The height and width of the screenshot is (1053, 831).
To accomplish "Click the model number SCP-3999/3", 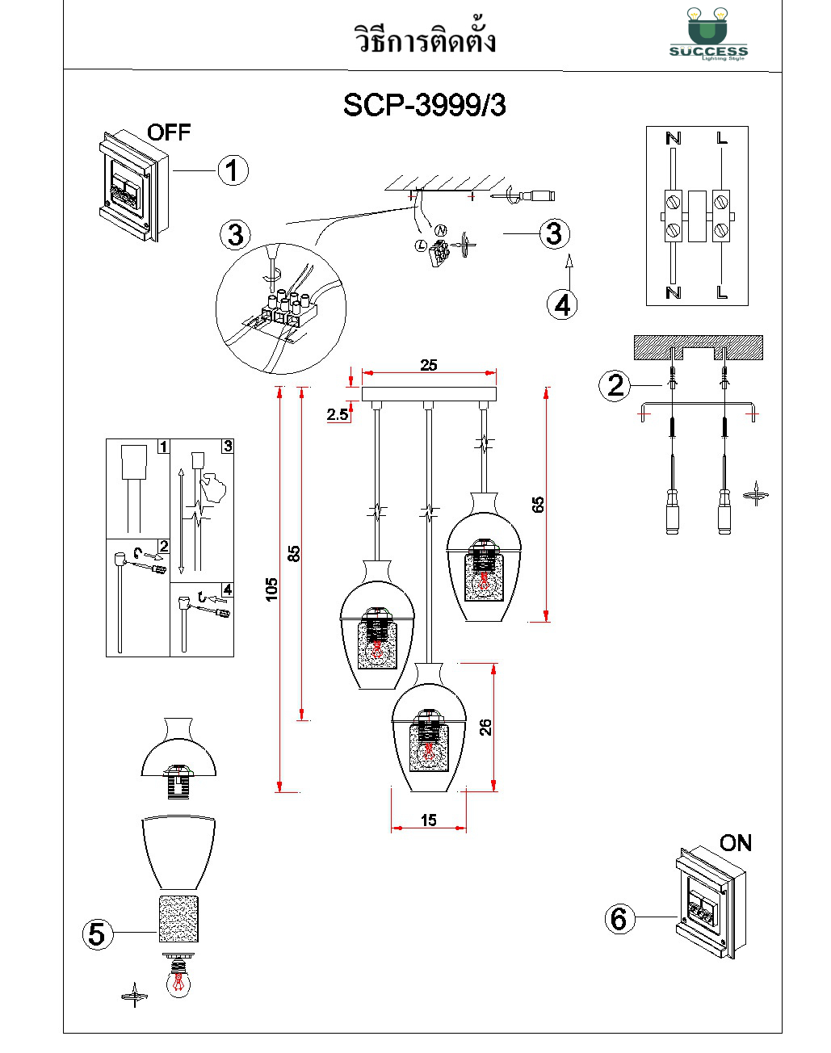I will click(424, 105).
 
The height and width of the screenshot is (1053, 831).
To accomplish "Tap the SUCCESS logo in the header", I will click(708, 36).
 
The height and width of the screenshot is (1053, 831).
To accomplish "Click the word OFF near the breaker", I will click(169, 132).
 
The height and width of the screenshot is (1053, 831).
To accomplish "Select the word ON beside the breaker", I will click(735, 843).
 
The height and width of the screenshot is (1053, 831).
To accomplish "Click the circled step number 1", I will click(233, 170).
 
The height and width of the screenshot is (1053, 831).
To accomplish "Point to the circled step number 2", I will click(615, 385).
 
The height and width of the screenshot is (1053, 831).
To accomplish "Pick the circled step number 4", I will click(562, 304).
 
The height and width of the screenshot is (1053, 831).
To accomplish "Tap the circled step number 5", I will click(97, 934).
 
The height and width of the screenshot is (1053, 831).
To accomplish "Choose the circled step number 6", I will click(619, 918).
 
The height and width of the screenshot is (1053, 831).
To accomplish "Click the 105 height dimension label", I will click(272, 588).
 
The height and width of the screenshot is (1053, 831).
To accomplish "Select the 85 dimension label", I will click(294, 554).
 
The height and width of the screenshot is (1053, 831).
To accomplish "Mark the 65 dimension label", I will click(538, 505).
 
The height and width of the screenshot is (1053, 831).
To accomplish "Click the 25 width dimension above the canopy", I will click(429, 365).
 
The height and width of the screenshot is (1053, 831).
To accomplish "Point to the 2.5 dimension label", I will click(338, 414).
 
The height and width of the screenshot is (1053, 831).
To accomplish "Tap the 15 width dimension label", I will click(429, 820).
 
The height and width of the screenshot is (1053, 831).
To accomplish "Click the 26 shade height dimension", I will click(485, 727).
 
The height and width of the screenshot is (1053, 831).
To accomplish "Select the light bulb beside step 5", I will click(178, 979).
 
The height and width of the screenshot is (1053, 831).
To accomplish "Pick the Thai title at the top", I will click(426, 40).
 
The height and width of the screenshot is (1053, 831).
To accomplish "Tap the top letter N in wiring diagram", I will click(673, 139).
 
